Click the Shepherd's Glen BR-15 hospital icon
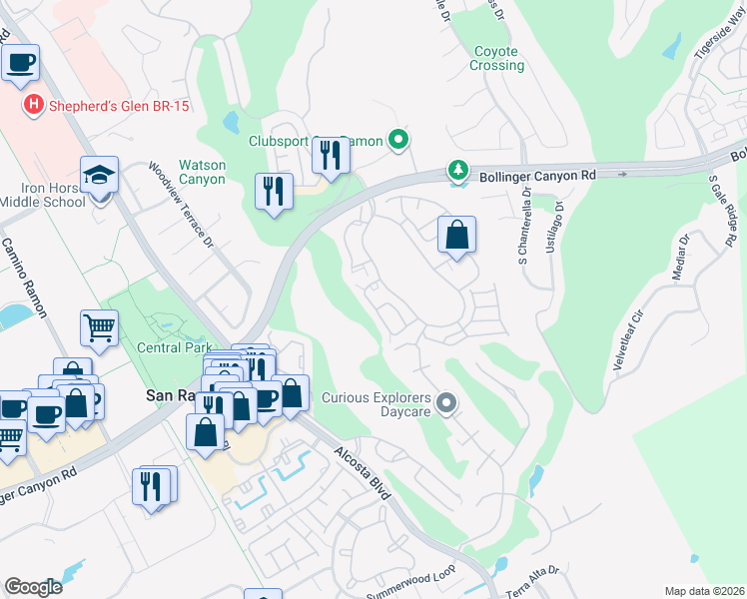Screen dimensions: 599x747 [34, 105]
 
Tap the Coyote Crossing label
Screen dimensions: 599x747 [496, 58]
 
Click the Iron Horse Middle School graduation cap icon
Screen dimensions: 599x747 [100, 176]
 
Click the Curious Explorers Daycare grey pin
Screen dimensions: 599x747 [446, 403]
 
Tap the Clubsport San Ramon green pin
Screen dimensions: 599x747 [398, 141]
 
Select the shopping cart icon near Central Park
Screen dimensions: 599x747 [100, 326]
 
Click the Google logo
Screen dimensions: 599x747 [33, 586]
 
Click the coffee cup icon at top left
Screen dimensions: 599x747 [20, 62]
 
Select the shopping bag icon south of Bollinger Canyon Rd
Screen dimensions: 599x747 [456, 235]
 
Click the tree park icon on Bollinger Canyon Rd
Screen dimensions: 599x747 [458, 171]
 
